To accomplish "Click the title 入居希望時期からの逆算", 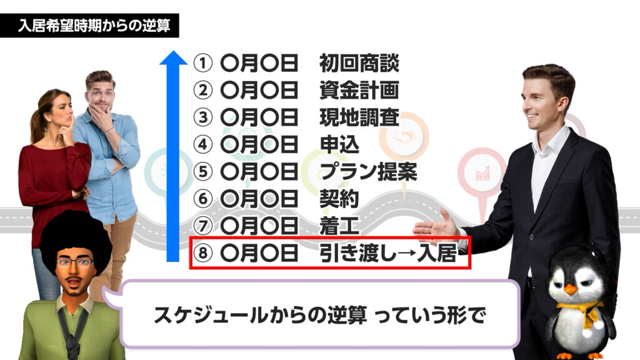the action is coord(94,26).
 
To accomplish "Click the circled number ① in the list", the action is coord(202,63).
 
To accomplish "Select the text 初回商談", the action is coord(359,63).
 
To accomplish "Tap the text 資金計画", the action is coord(359,90).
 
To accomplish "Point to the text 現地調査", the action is coord(359,117).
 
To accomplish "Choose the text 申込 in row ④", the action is coord(339,144).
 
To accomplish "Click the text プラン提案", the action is coord(369,172).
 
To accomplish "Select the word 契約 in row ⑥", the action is coord(339,199).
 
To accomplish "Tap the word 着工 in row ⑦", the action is coord(339,226).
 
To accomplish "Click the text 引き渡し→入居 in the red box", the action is coord(388,253).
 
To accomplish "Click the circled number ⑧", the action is coord(202,253).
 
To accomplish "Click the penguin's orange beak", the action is coord(571,289).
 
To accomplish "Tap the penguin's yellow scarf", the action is coord(581,311).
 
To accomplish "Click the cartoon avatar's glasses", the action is coord(75,262).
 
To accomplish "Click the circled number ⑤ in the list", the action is coord(202,172).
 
